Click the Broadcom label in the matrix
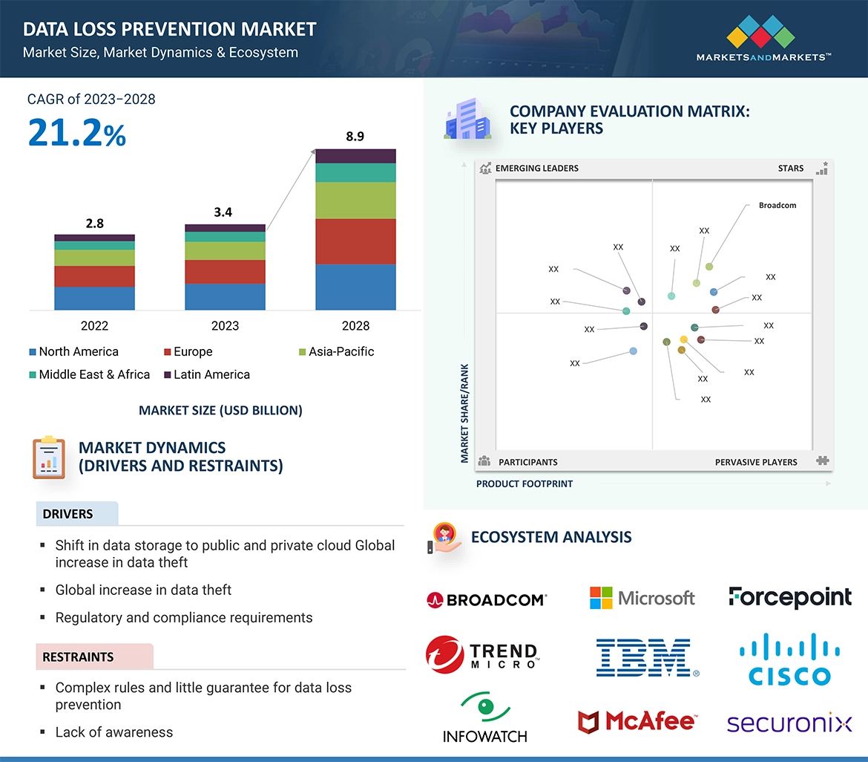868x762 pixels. [x=777, y=206]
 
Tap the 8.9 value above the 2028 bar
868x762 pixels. [x=355, y=137]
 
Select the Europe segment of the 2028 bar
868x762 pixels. [x=355, y=241]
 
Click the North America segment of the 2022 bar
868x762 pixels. [x=94, y=298]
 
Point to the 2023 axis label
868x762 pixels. [x=225, y=326]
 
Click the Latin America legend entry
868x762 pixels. [x=207, y=375]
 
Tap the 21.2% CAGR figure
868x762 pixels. [x=77, y=133]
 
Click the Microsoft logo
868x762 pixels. [x=642, y=598]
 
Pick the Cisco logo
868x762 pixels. [x=789, y=660]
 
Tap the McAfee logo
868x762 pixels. [x=637, y=721]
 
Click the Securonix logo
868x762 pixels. [x=789, y=723]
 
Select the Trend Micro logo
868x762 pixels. [x=483, y=654]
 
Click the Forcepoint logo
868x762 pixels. [x=789, y=597]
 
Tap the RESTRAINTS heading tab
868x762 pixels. [x=78, y=657]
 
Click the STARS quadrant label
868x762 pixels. [x=791, y=169]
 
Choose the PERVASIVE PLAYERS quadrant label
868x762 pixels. [x=756, y=462]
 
